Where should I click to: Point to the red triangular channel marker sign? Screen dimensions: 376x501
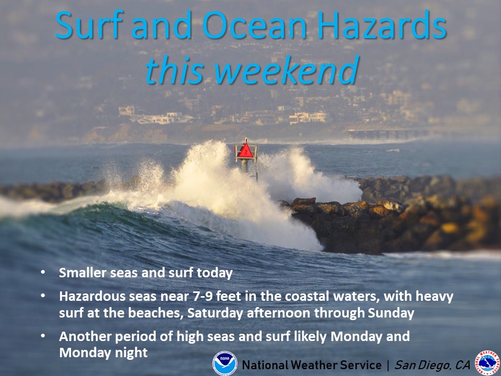pyautogui.click(x=245, y=151)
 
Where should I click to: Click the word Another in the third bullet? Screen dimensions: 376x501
pyautogui.click(x=82, y=337)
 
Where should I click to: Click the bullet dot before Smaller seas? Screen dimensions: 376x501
pyautogui.click(x=42, y=273)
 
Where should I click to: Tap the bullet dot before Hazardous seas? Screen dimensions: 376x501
pyautogui.click(x=42, y=296)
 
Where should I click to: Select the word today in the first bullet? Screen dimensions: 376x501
pyautogui.click(x=217, y=273)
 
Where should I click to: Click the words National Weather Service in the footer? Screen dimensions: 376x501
pyautogui.click(x=312, y=365)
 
